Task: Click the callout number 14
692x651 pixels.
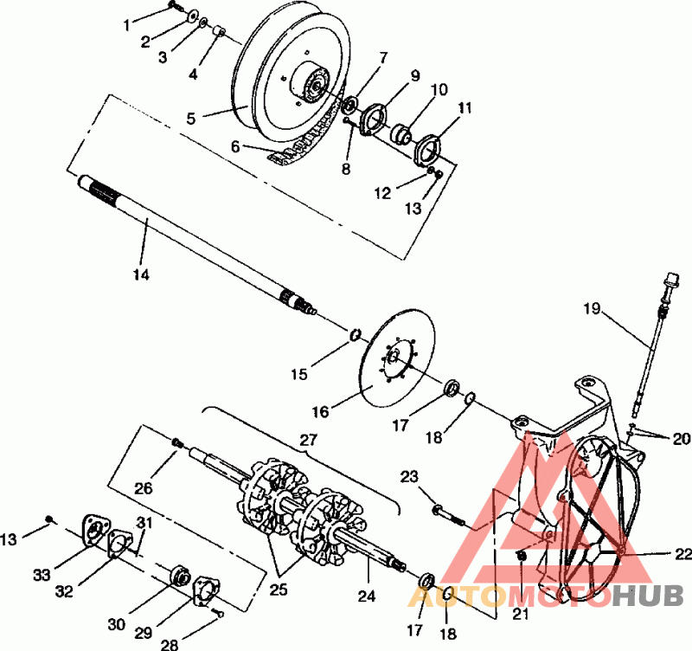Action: coord(141,274)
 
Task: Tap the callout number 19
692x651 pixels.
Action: coord(591,306)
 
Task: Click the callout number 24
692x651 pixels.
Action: coord(367,595)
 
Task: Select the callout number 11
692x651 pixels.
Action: coord(466,109)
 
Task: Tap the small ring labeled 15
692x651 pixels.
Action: coord(355,335)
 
